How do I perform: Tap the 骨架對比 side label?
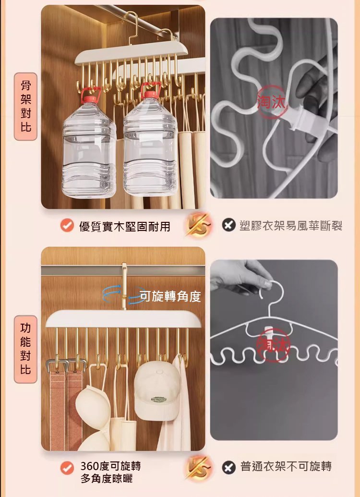[x=25, y=107]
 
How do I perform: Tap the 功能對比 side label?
[x=25, y=349]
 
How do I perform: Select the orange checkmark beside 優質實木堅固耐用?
[x=67, y=226]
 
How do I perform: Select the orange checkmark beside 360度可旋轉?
[x=67, y=468]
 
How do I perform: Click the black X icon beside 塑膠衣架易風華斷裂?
[x=228, y=225]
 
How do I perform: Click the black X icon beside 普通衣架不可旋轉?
[x=228, y=468]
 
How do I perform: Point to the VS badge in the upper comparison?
[x=198, y=225]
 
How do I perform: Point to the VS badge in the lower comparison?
[x=198, y=467]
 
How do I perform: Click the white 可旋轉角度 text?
[x=170, y=296]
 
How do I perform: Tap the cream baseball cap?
[x=156, y=390]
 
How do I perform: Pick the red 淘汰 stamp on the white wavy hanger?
[x=273, y=345]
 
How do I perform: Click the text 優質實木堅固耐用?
[x=125, y=226]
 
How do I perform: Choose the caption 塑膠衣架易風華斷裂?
[x=291, y=226]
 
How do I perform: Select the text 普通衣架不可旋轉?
[x=286, y=467]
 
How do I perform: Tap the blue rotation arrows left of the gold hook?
[x=112, y=293]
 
